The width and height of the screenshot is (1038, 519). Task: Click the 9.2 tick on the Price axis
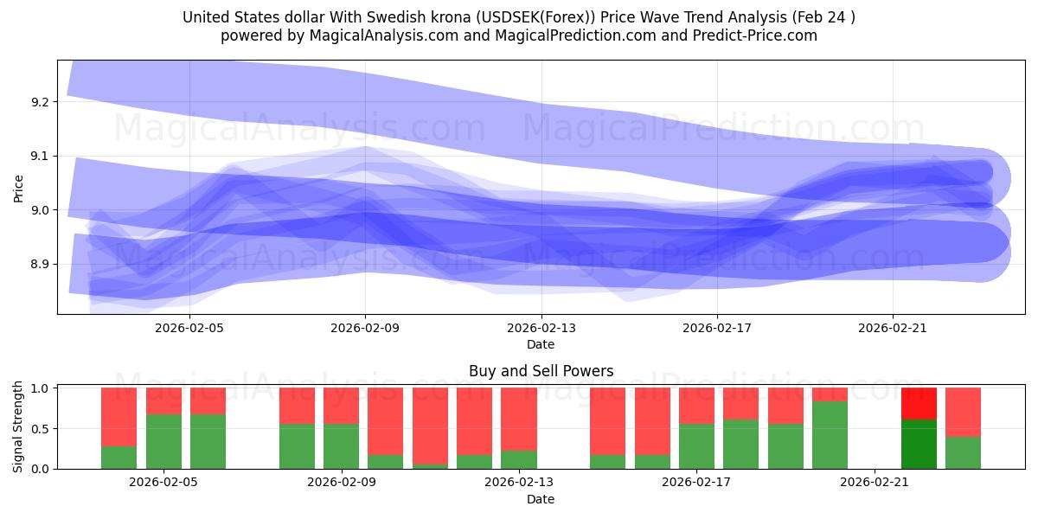40,102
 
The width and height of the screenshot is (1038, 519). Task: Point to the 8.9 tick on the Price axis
40,264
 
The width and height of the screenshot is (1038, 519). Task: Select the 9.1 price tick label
40,156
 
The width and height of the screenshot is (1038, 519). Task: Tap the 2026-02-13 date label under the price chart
541,328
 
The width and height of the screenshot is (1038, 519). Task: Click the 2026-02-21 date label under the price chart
892,328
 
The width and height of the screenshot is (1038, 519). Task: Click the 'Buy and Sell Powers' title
541,371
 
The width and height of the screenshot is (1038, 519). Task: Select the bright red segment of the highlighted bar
919,403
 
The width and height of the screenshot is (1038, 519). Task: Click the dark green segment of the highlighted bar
919,444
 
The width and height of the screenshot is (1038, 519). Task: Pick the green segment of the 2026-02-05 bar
163,441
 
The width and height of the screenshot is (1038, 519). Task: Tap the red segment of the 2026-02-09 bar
341,406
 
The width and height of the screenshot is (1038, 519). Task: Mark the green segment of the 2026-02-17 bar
695,446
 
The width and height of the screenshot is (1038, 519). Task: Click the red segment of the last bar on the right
963,412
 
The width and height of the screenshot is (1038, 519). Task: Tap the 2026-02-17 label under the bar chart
695,482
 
